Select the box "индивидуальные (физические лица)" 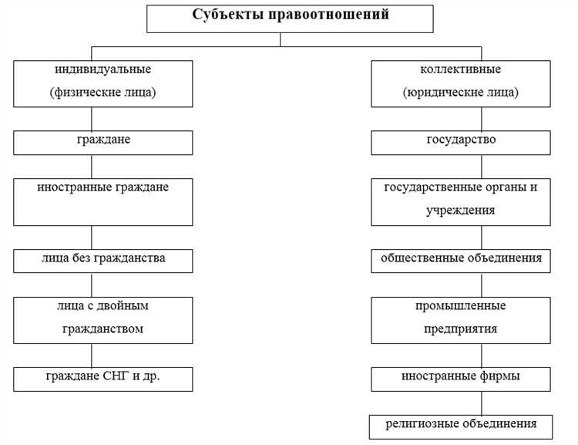coord(103,83)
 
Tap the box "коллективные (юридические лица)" coord(461,83)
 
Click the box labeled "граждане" coord(103,143)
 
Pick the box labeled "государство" coord(461,143)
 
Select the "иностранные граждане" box coord(103,202)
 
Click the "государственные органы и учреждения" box coord(461,202)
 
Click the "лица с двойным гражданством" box coord(103,320)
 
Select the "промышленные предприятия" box coord(461,320)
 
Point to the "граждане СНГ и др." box coord(103,379)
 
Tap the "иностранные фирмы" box coord(461,379)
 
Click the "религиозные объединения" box coord(461,426)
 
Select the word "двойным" coord(126,306)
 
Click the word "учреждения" coord(461,210)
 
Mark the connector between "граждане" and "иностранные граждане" coord(92,167)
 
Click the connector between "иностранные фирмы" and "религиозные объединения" coord(481,403)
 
